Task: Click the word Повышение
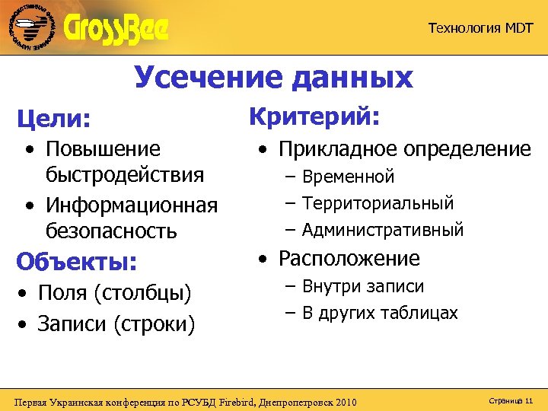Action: (103, 148)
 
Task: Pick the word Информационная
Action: (132, 205)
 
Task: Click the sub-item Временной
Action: (348, 177)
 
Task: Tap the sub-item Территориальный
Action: (378, 203)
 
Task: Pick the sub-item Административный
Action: (382, 229)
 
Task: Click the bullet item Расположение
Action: (349, 259)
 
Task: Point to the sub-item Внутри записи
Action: (363, 287)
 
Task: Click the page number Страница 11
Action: (502, 400)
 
